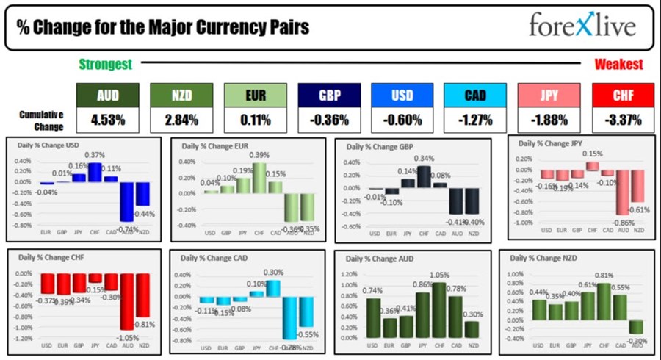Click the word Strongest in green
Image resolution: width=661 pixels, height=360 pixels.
pos(105,65)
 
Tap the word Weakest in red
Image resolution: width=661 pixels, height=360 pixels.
pos(618,65)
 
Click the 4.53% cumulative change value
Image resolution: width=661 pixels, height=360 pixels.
pos(108,118)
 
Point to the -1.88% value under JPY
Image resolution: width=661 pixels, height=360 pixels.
pos(549,118)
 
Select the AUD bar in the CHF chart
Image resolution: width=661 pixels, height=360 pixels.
pos(128,301)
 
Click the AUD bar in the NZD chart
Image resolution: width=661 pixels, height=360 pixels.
pos(636,327)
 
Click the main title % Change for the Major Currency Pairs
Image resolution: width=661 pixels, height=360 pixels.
pos(163,27)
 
